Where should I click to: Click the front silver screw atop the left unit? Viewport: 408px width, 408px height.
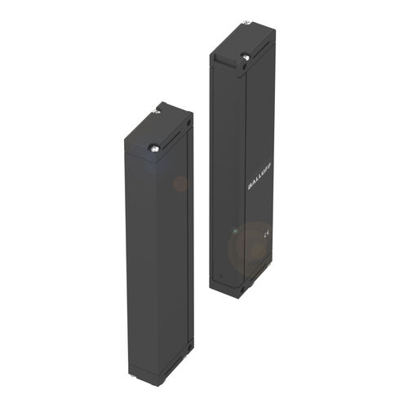[x=155, y=148]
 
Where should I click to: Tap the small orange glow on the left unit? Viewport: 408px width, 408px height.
[x=180, y=183]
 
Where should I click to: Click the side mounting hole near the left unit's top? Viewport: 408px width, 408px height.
[x=189, y=124]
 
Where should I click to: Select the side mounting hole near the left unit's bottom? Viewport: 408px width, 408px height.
[x=190, y=347]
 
